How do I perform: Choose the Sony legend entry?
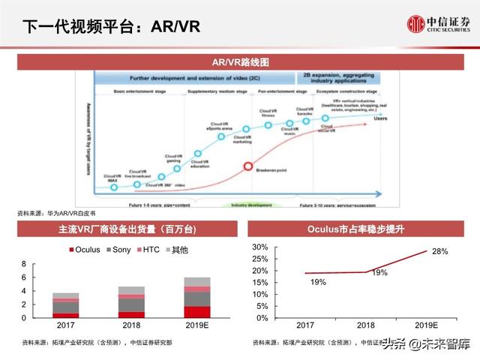117,249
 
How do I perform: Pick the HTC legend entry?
147,249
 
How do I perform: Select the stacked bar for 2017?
66,305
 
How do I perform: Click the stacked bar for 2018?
131,302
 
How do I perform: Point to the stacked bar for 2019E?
197,298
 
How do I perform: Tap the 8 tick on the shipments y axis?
23,264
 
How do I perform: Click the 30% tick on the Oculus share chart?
259,247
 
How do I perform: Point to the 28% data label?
440,252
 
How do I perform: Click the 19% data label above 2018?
379,273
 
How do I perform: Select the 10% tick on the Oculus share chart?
259,294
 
